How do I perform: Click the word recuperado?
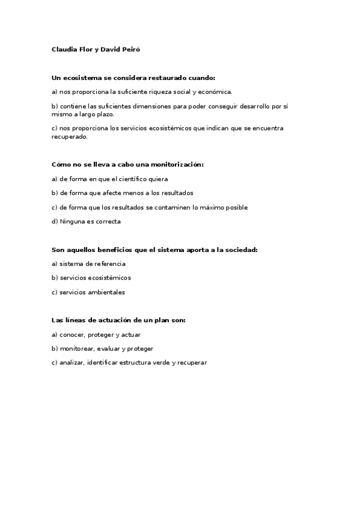click(69, 136)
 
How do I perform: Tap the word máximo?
click(213, 207)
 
